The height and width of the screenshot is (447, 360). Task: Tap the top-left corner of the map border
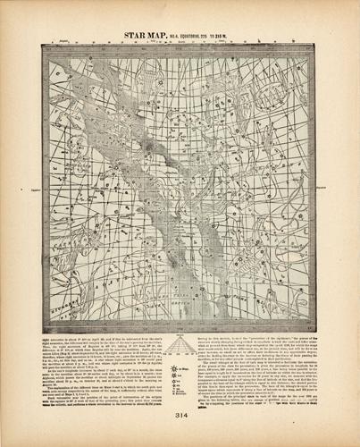point(39,43)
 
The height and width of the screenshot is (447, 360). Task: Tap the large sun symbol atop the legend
point(180,343)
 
